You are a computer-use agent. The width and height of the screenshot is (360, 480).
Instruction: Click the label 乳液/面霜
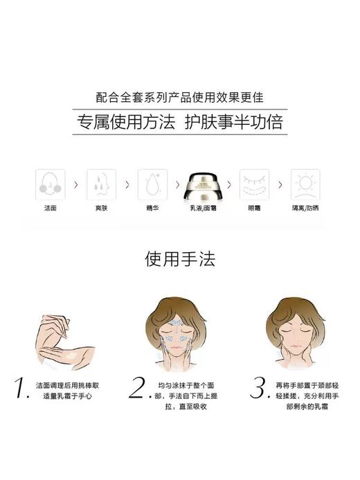tap(204, 208)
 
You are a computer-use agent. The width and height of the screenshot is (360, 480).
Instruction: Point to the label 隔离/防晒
tap(305, 208)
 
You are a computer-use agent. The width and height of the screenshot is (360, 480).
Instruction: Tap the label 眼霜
tap(254, 208)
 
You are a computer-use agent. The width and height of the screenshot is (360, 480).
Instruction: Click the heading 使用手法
tap(180, 259)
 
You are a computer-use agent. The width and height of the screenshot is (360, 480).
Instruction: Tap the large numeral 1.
tap(22, 389)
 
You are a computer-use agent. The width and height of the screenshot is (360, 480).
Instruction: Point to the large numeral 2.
tap(136, 389)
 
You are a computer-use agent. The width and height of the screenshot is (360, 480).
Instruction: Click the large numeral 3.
tap(258, 389)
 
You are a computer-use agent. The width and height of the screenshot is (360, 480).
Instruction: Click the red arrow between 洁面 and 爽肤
tap(75, 185)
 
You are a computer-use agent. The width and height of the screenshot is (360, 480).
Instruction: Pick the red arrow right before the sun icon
tap(280, 185)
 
